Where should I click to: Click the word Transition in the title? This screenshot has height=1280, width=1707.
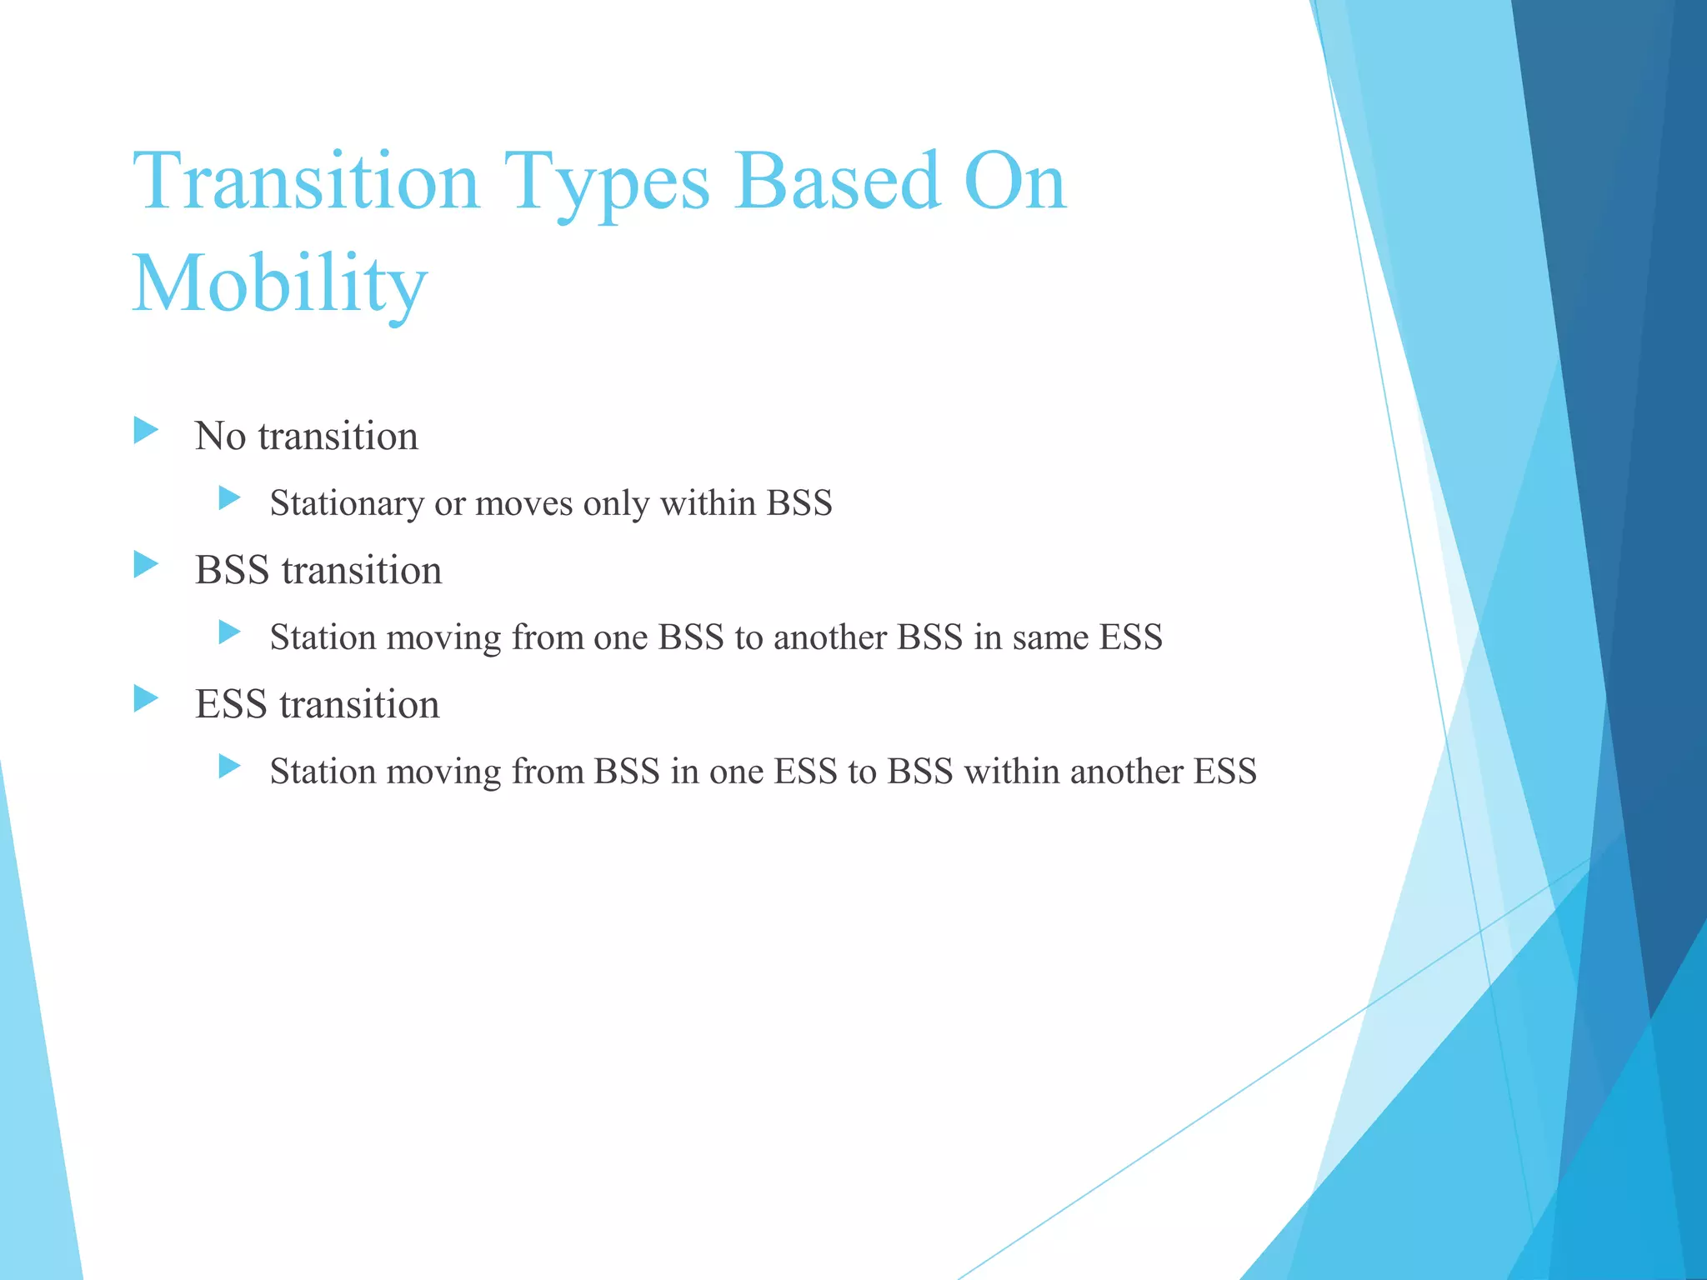click(x=307, y=181)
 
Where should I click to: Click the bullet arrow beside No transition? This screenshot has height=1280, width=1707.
click(x=146, y=431)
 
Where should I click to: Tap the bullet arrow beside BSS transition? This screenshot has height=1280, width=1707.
click(x=146, y=565)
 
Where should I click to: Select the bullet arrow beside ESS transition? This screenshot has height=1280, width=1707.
click(x=146, y=699)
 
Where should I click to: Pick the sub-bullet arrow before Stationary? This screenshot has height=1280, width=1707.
click(x=229, y=499)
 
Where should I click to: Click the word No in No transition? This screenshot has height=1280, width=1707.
click(x=220, y=436)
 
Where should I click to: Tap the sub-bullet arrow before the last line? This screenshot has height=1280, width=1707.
click(x=229, y=767)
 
